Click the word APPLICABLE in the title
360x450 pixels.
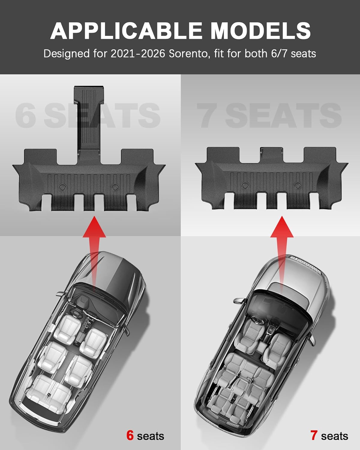tap(126, 31)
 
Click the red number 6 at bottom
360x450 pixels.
tap(130, 435)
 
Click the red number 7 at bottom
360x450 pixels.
tap(314, 435)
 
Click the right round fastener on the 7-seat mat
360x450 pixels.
tap(297, 185)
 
